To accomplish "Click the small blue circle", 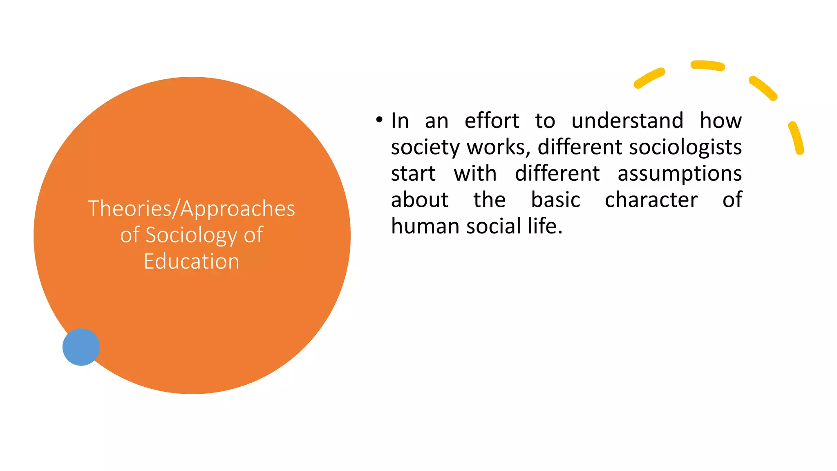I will coord(81,347).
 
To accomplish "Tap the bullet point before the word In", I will coord(379,120).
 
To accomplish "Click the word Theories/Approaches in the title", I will coord(191,209).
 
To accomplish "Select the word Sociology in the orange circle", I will coord(191,235).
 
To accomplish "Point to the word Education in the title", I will coord(191,261).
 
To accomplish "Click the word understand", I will coord(627,121).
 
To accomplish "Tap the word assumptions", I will coord(680,173).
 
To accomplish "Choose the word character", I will coord(651,200).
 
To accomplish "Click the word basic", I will coord(555,200).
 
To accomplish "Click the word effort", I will coord(492,121).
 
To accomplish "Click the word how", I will coord(721,121).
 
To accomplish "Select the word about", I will coord(420,200).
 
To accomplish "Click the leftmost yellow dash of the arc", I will coord(649,78).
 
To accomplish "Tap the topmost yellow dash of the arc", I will coord(708,65).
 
